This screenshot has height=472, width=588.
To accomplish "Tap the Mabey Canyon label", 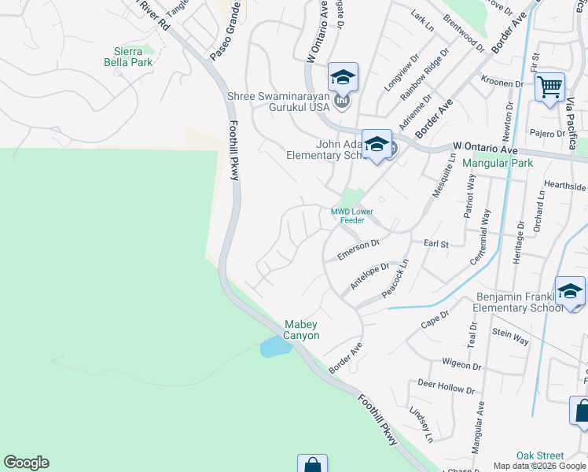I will pyautogui.click(x=301, y=330).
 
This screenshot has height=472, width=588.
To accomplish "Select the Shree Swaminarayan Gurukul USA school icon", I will pyautogui.click(x=343, y=77).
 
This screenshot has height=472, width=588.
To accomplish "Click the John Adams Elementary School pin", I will pyautogui.click(x=377, y=144).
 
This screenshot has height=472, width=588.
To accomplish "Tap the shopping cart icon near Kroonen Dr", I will pyautogui.click(x=549, y=86).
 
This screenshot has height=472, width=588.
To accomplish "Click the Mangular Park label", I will pyautogui.click(x=498, y=164).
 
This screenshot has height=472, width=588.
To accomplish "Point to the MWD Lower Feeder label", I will pyautogui.click(x=351, y=216).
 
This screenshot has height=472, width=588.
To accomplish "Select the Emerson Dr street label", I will pyautogui.click(x=358, y=250).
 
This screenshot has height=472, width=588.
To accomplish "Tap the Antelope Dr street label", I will pyautogui.click(x=369, y=277).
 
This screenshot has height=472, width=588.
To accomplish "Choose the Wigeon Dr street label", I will pyautogui.click(x=461, y=364).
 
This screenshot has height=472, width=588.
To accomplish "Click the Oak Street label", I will pyautogui.click(x=540, y=455).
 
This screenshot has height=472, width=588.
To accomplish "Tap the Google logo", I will pyautogui.click(x=26, y=463).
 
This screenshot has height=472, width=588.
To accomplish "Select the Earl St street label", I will pyautogui.click(x=435, y=245).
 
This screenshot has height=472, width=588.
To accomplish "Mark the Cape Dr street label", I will pyautogui.click(x=434, y=319).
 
